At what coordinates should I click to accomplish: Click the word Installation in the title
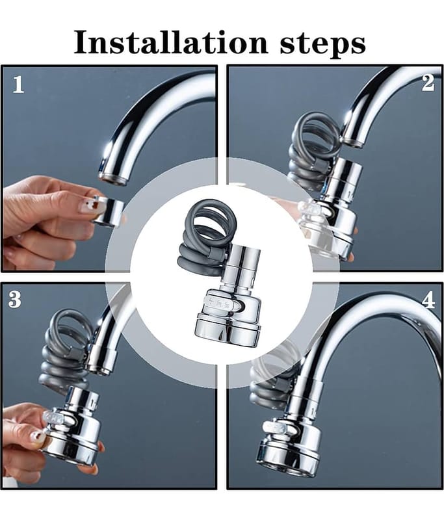click(x=170, y=42)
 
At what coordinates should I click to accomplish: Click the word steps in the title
click(x=322, y=45)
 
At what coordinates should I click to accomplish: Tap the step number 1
click(x=19, y=84)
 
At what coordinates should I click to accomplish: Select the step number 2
click(x=428, y=83)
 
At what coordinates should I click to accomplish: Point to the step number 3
click(x=14, y=300)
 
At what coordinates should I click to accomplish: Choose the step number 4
click(x=428, y=300)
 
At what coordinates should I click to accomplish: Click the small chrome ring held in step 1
click(x=108, y=211)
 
